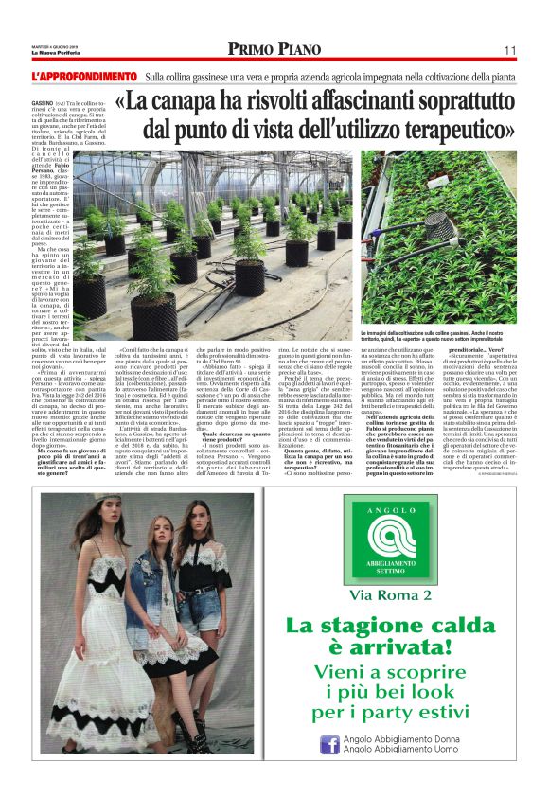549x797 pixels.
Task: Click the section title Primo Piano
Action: tap(274, 49)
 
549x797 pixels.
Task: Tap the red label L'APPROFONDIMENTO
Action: tap(85, 76)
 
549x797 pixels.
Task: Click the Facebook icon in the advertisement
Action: tap(328, 746)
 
